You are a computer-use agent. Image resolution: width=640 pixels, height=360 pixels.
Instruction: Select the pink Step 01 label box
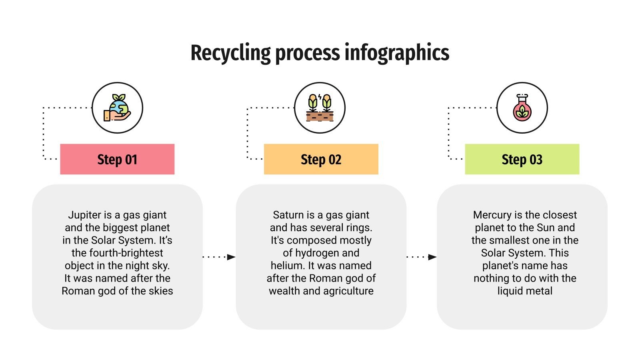(x=117, y=159)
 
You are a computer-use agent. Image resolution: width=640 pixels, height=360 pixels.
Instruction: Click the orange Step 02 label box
(x=321, y=159)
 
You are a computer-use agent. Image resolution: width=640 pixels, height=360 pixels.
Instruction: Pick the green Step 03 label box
(x=522, y=159)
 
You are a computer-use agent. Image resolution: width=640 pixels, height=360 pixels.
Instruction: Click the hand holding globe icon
(x=117, y=108)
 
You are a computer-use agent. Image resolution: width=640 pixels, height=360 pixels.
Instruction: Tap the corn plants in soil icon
(x=320, y=108)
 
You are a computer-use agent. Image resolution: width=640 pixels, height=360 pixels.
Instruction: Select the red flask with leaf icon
(x=522, y=108)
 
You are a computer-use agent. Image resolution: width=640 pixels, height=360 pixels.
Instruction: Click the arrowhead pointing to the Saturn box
(x=231, y=257)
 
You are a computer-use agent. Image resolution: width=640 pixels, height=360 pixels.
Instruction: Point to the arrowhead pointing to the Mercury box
(x=432, y=257)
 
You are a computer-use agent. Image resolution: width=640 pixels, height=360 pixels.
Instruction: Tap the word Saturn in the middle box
(x=288, y=215)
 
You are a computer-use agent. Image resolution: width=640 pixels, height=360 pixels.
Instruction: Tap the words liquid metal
(x=525, y=291)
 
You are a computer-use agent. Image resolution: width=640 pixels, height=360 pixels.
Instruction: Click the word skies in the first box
(x=161, y=291)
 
